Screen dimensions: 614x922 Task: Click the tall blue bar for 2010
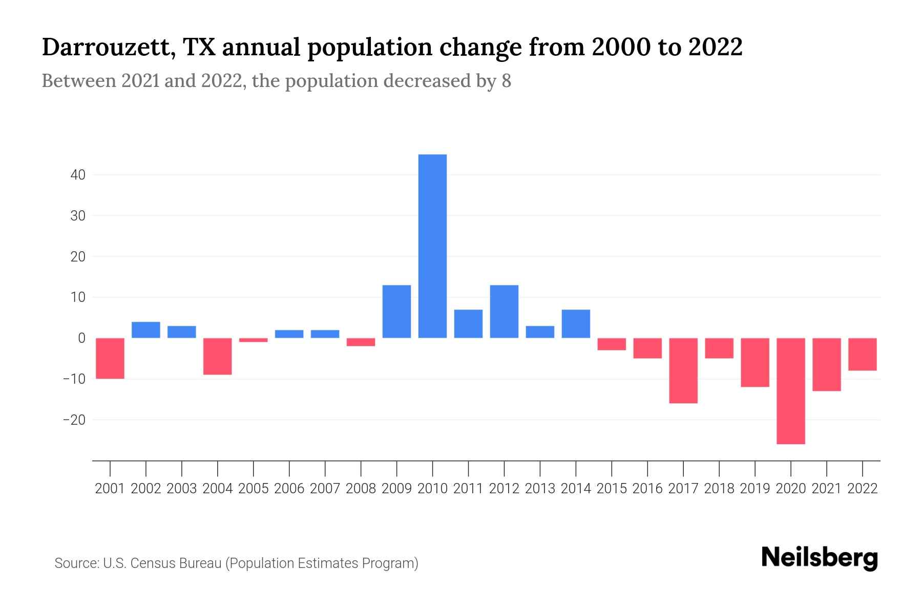[432, 246]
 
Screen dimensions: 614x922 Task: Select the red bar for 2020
[791, 391]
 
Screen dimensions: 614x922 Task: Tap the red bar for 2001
[110, 358]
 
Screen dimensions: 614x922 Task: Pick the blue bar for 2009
[396, 311]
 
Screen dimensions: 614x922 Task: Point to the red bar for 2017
[683, 370]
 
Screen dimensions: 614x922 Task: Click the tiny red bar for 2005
[254, 340]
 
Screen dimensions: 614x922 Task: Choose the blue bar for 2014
[576, 323]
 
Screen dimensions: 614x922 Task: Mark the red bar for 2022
[863, 354]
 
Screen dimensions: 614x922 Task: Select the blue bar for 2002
[146, 330]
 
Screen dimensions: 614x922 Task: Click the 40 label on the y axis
[78, 175]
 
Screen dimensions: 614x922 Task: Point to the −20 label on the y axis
[74, 420]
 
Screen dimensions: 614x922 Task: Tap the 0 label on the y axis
[81, 338]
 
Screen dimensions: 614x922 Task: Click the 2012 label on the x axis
[504, 489]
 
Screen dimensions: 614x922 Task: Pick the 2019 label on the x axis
[755, 489]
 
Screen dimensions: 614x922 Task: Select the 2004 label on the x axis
[218, 489]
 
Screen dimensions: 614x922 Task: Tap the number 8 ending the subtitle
[506, 81]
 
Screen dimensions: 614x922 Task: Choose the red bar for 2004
[218, 356]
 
